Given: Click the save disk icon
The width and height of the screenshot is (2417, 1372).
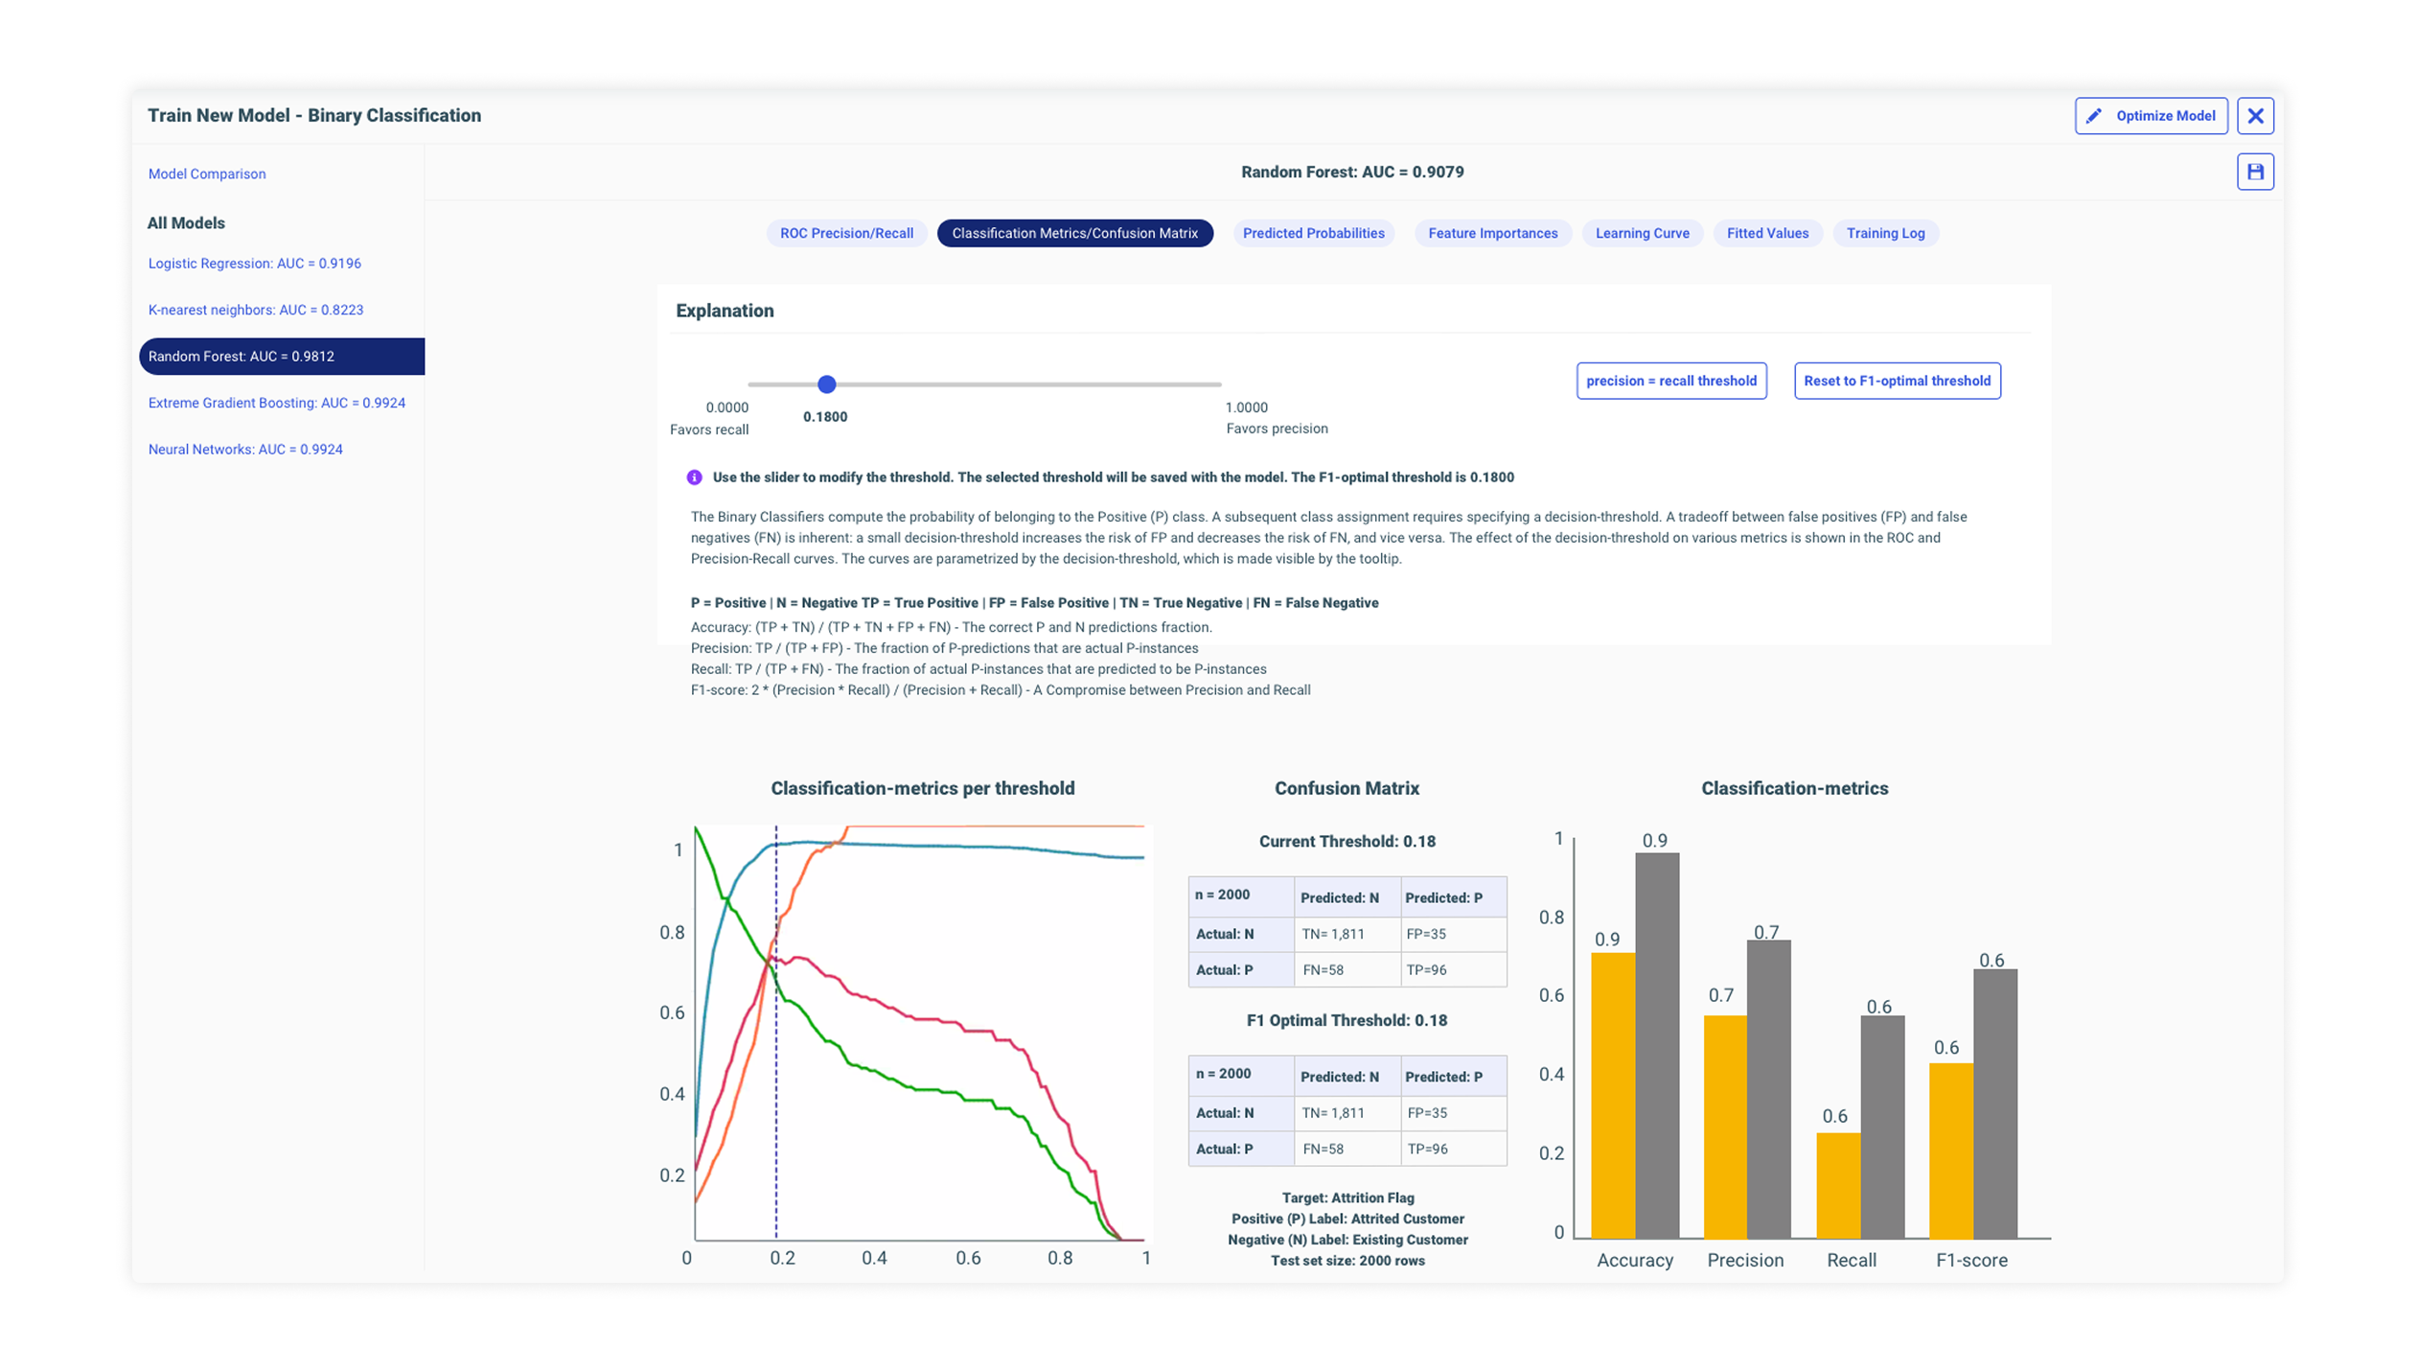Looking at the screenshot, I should point(2254,172).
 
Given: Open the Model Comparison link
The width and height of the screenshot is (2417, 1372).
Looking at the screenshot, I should point(207,174).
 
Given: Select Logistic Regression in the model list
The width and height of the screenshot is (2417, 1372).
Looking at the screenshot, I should point(254,263).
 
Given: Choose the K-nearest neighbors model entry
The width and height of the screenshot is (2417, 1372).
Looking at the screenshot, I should point(255,310).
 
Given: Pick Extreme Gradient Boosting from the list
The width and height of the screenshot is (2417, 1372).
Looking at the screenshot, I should point(276,403).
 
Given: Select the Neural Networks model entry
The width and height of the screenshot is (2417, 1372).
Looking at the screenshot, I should point(245,449).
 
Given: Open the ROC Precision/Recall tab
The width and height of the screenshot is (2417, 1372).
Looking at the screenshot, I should point(845,233).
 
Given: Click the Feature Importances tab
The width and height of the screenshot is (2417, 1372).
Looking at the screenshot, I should point(1492,233).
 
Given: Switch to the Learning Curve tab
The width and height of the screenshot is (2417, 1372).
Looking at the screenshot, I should point(1641,233).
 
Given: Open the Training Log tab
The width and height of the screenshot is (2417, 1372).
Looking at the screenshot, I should point(1884,233).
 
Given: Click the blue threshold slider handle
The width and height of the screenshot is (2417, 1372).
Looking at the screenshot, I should point(826,384).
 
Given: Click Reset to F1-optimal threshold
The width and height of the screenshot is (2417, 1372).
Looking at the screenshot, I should point(1896,381).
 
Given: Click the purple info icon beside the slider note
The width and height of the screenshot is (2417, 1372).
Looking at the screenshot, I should point(694,477).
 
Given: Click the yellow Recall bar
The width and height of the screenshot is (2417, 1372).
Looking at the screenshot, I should point(1837,1185).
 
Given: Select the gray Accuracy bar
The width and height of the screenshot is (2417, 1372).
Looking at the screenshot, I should point(1656,1045).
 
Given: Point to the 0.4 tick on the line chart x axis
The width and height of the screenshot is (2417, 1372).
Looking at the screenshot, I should point(873,1257).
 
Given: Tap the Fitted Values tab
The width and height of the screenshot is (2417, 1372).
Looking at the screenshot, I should point(1766,233).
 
